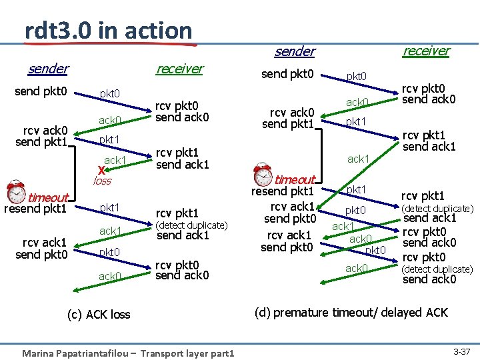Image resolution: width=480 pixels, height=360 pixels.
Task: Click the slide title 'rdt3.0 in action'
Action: pos(108,30)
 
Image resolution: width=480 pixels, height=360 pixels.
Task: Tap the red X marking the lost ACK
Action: pos(101,169)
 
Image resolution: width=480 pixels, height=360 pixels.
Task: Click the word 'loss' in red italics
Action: pos(102,181)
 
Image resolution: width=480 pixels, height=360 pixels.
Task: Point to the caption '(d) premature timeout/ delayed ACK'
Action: pos(351,312)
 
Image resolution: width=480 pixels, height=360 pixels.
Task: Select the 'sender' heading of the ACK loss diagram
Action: pos(48,68)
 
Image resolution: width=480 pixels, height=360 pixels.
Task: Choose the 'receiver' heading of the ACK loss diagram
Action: pos(179,68)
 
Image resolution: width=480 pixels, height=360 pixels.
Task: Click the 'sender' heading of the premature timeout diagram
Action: pos(295,51)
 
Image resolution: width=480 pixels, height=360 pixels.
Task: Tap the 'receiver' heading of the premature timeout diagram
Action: pos(426,50)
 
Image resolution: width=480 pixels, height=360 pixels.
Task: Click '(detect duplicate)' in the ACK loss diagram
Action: pos(191,225)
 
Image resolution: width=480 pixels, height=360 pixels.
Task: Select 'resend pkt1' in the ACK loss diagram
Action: pos(35,209)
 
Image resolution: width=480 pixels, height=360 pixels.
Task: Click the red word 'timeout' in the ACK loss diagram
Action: pos(48,197)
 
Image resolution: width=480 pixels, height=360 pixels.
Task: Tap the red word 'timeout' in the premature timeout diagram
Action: pos(295,180)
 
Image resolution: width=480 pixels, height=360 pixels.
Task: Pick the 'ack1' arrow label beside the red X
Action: pos(115,160)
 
